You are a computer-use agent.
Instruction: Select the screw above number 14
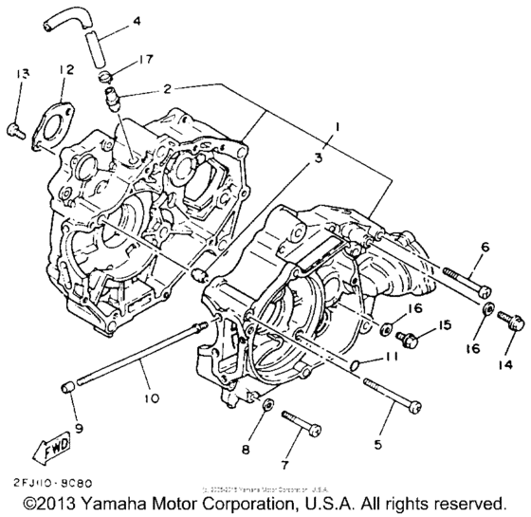click(x=513, y=323)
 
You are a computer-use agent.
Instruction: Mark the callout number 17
click(x=144, y=59)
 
